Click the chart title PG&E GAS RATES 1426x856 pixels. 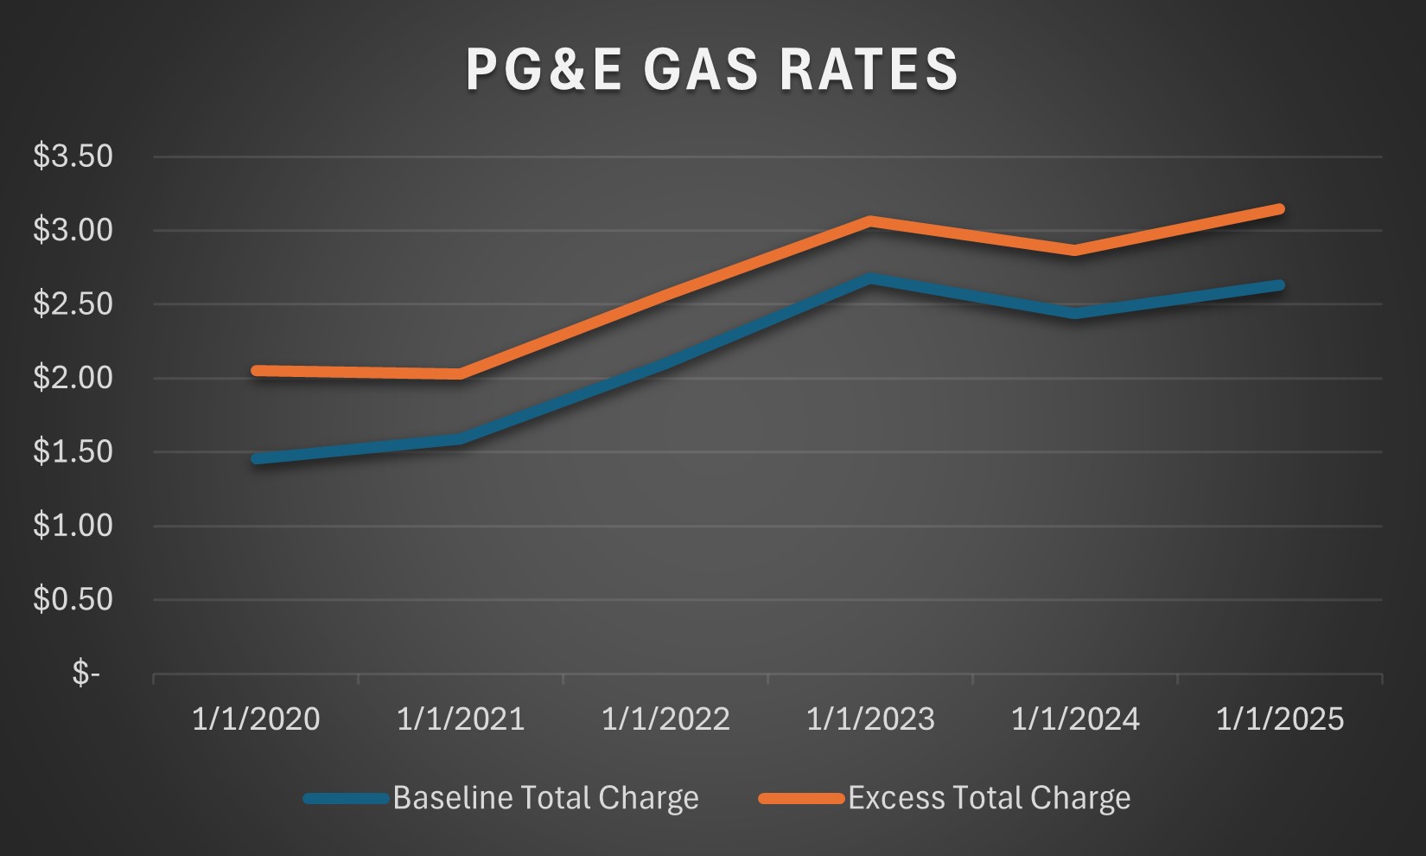point(712,69)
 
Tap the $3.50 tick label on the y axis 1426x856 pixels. point(73,157)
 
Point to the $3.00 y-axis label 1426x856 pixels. point(73,230)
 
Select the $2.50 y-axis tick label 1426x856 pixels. point(73,304)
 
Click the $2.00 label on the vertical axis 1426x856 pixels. point(73,378)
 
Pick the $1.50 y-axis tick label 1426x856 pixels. point(73,451)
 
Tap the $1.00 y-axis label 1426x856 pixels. point(73,526)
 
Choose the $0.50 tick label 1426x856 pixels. point(73,599)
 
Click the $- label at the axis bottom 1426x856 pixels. point(86,673)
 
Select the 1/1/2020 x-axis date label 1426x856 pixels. point(256,719)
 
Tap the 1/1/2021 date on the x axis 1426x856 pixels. point(461,719)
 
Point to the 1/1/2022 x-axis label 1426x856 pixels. point(665,719)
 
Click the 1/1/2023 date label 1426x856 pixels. point(870,719)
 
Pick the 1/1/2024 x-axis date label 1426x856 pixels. point(1075,719)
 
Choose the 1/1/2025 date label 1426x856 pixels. point(1280,719)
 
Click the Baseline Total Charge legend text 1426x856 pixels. point(545,798)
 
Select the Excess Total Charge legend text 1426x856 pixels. point(989,798)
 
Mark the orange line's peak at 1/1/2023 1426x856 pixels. point(871,221)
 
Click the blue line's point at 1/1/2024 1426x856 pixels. point(1075,313)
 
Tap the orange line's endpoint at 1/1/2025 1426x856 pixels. point(1279,209)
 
